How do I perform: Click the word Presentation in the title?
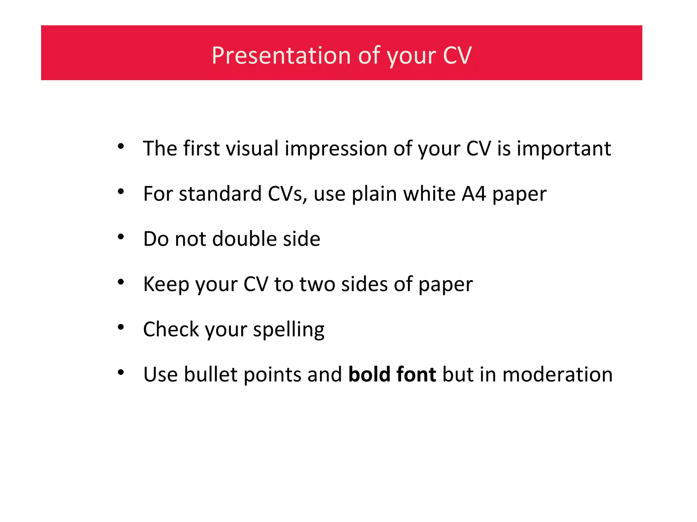click(x=281, y=55)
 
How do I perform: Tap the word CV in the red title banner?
click(x=457, y=55)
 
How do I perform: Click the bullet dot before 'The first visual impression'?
click(x=121, y=147)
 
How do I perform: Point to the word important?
click(x=564, y=149)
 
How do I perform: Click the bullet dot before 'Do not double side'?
click(x=121, y=237)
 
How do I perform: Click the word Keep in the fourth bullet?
click(x=166, y=284)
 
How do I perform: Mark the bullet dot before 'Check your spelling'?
click(x=121, y=327)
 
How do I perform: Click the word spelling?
click(x=289, y=330)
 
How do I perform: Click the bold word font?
click(x=416, y=375)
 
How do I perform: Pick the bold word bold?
click(x=369, y=375)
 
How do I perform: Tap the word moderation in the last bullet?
click(x=557, y=375)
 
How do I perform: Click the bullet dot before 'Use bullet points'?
click(x=121, y=372)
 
